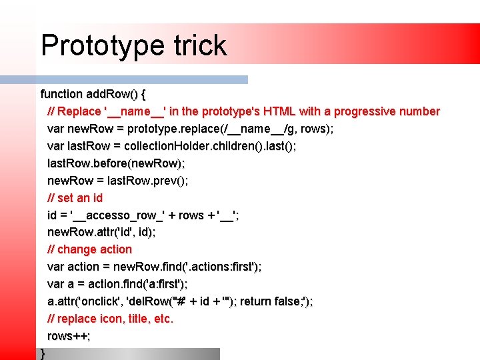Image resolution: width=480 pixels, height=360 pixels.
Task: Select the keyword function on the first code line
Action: pos(61,94)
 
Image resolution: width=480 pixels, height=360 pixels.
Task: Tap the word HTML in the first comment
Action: pos(280,111)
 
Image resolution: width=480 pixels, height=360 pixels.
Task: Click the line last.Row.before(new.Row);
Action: pos(116,163)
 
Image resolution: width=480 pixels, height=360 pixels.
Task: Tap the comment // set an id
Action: pos(75,198)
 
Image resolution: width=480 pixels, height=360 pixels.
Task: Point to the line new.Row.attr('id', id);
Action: pos(101,232)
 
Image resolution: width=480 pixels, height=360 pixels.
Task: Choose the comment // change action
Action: pos(89,249)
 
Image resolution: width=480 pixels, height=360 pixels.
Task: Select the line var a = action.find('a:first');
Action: pos(113,284)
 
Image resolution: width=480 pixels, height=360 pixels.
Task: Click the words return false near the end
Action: pos(270,301)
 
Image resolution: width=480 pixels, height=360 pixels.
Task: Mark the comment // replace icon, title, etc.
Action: pos(110,319)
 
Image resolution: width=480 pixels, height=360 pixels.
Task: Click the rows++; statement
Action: pos(69,336)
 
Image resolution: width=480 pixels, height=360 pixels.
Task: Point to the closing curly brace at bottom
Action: pos(43,353)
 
